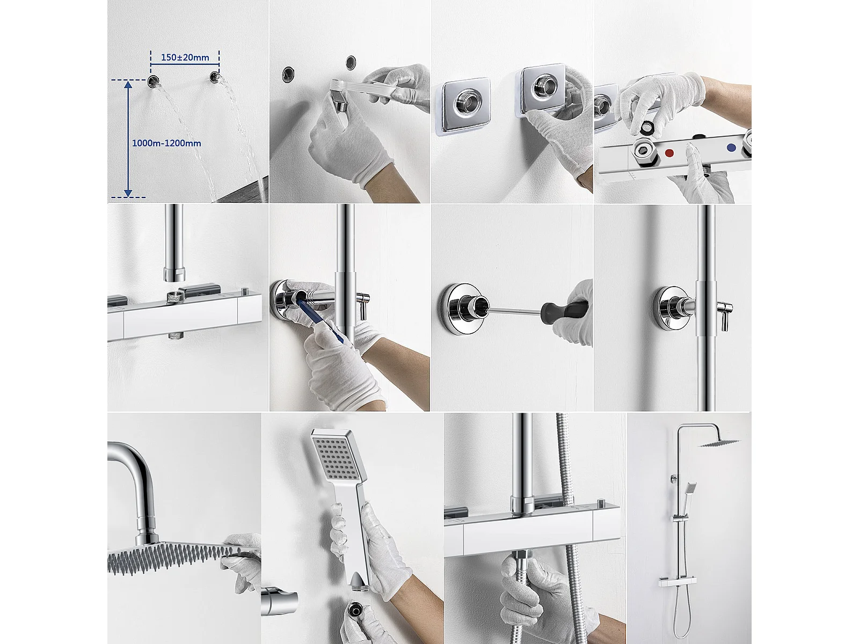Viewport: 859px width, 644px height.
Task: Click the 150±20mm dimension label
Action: [x=185, y=57]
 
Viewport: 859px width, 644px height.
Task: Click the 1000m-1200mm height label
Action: [x=166, y=143]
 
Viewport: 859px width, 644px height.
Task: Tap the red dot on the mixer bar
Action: [x=669, y=153]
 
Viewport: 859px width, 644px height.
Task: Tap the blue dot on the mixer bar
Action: [x=731, y=148]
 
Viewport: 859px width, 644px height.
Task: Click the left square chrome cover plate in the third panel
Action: [x=465, y=109]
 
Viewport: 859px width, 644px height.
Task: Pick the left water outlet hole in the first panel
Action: [x=153, y=82]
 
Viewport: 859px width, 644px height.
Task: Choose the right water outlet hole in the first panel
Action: [x=215, y=77]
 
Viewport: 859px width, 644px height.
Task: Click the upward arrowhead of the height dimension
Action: [x=128, y=85]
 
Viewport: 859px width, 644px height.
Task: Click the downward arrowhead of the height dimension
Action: [x=128, y=193]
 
